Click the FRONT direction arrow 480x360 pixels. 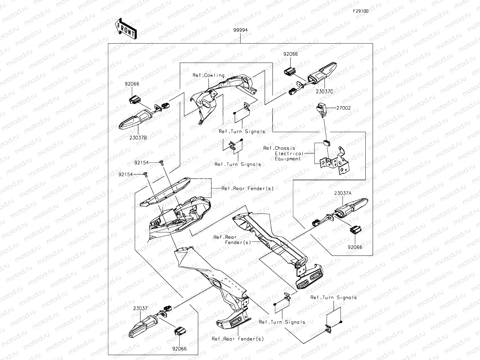126,28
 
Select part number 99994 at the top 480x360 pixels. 241,30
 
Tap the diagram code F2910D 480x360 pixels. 361,11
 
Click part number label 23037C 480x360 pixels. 324,91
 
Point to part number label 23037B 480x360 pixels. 138,137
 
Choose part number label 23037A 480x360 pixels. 343,193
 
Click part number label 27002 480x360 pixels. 343,108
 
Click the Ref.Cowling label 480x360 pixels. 208,75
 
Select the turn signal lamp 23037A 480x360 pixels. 350,207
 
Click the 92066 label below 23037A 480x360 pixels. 355,247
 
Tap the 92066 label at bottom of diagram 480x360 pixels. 179,349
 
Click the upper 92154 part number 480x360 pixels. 141,163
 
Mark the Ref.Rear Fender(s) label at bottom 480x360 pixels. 237,339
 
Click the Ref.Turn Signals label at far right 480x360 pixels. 333,297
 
